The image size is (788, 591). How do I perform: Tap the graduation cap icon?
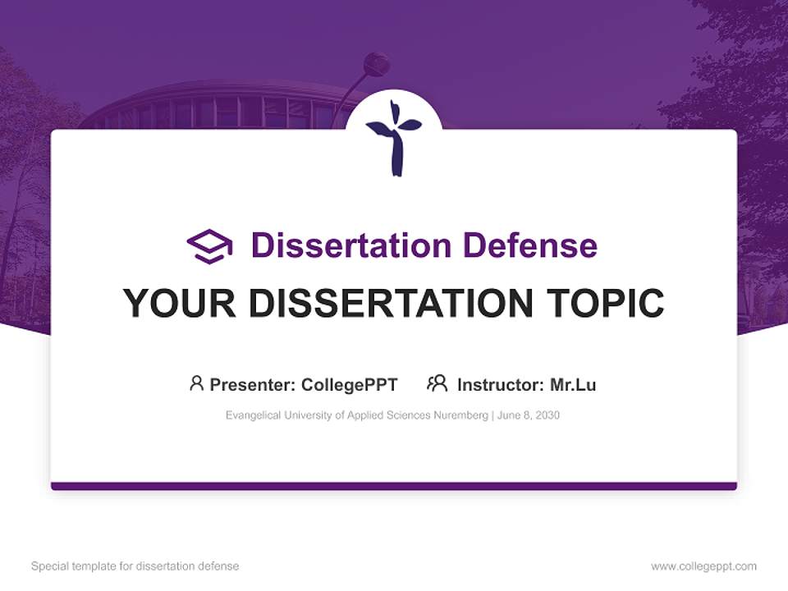coord(210,246)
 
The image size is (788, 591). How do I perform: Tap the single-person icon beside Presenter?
coord(196,383)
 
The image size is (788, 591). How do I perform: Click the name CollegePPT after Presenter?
coord(349,384)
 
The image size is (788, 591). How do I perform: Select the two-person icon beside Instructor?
coord(437,383)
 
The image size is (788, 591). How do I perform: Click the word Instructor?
coord(500,384)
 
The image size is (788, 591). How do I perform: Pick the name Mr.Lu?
coord(573,384)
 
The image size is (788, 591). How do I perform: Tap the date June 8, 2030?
coord(529,415)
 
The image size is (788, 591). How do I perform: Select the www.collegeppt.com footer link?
coord(703,566)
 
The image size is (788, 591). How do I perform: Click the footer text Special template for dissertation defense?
coord(135,566)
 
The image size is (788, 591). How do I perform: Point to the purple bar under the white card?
coord(394,486)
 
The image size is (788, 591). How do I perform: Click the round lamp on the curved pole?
coord(376,64)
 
